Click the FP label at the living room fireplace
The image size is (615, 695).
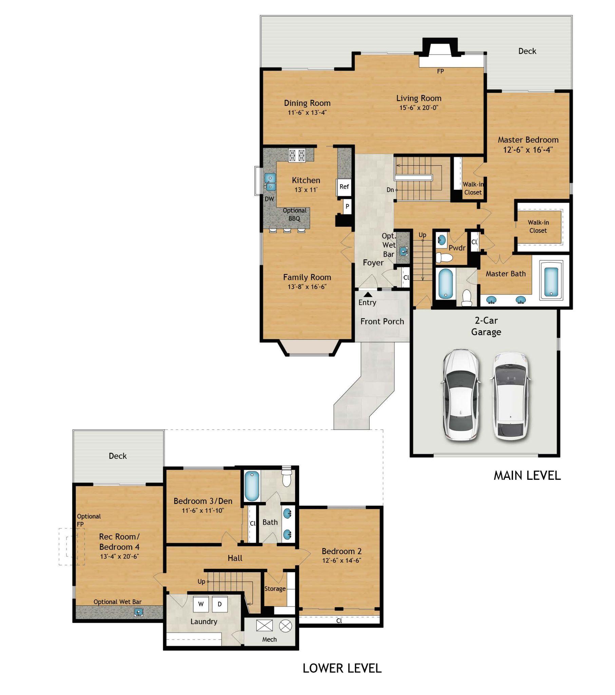click(440, 71)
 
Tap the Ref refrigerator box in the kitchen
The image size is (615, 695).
click(344, 187)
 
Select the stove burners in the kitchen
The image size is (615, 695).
click(296, 155)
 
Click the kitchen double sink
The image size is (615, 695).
click(270, 182)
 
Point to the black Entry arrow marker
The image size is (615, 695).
click(368, 295)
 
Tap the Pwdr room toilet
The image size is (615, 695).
click(444, 257)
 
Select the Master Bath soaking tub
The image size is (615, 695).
click(551, 282)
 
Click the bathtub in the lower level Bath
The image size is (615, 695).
click(252, 486)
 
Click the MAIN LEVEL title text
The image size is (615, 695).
click(526, 475)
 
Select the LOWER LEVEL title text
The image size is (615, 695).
click(342, 668)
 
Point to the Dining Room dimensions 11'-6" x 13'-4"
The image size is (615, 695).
click(307, 113)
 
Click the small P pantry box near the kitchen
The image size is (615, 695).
click(347, 206)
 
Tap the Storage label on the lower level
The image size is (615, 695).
click(275, 588)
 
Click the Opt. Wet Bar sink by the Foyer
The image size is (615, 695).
click(403, 251)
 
